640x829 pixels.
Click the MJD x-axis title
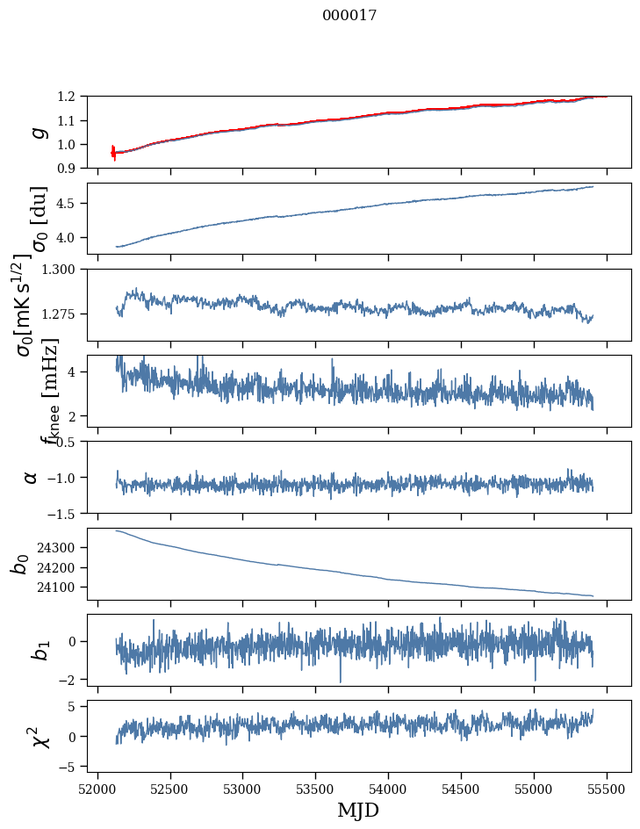[358, 810]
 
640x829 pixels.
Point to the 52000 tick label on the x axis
[97, 789]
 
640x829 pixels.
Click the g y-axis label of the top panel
[37, 132]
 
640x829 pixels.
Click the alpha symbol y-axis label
[32, 477]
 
